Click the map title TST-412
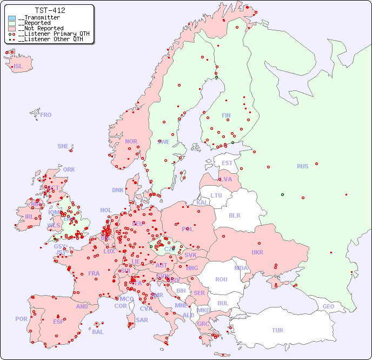pos(50,10)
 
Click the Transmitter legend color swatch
pos(12,18)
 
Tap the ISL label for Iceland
pos(18,67)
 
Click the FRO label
pos(46,115)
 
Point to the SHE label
pos(63,146)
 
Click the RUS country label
pos(302,166)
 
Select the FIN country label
pos(226,115)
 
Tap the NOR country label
pos(131,141)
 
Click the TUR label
pos(277,330)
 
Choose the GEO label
pos(328,306)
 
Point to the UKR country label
pos(257,252)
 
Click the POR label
pos(21,319)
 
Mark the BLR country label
pos(234,215)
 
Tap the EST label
pos(227,163)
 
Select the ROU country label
pos(221,279)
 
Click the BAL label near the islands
pos(98,332)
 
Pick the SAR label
pos(142,320)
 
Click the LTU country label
pos(216,195)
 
